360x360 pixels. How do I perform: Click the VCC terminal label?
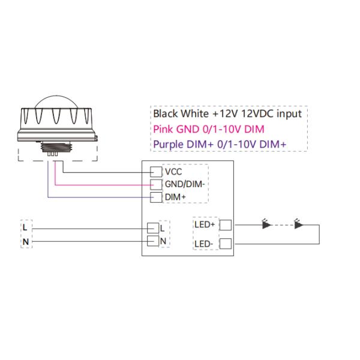coord(173,172)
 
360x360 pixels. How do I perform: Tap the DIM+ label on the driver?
coord(175,196)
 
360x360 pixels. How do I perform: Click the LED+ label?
coord(205,225)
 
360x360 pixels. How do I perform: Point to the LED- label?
coord(204,243)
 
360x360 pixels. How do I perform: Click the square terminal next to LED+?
coord(226,225)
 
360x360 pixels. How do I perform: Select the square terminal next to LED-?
coord(226,243)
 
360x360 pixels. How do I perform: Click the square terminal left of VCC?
coord(155,172)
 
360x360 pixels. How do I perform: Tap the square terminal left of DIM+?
coord(155,196)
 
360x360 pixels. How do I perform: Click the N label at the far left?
coord(25,241)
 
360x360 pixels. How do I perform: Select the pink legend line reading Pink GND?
coord(208,128)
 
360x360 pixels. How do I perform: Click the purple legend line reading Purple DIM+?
coord(220,143)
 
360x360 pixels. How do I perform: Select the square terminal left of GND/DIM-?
coord(155,184)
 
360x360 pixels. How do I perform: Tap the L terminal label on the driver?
coord(162,228)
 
